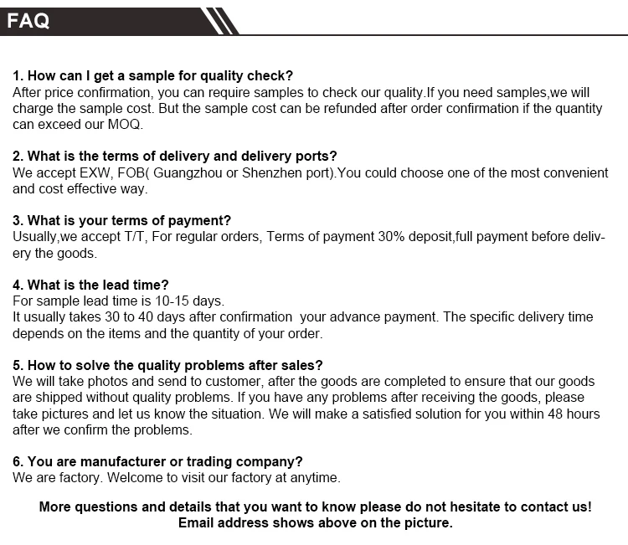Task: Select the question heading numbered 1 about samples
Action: pyautogui.click(x=153, y=76)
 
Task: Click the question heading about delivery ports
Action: pyautogui.click(x=175, y=156)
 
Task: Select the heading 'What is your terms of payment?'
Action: pyautogui.click(x=121, y=220)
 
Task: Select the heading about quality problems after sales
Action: pyautogui.click(x=167, y=365)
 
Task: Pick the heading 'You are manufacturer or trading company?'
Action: pyautogui.click(x=157, y=461)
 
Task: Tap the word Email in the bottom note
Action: pyautogui.click(x=198, y=523)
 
